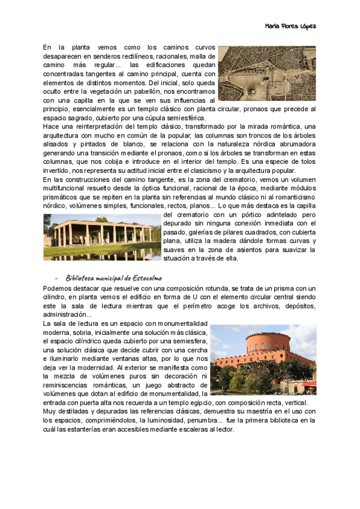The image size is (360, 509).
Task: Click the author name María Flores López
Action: [x=290, y=26]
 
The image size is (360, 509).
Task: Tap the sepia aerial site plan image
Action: [x=267, y=73]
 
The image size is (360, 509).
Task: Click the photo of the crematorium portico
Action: [x=102, y=236]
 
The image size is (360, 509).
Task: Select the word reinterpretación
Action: [x=96, y=127]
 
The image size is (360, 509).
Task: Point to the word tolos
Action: [x=304, y=162]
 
